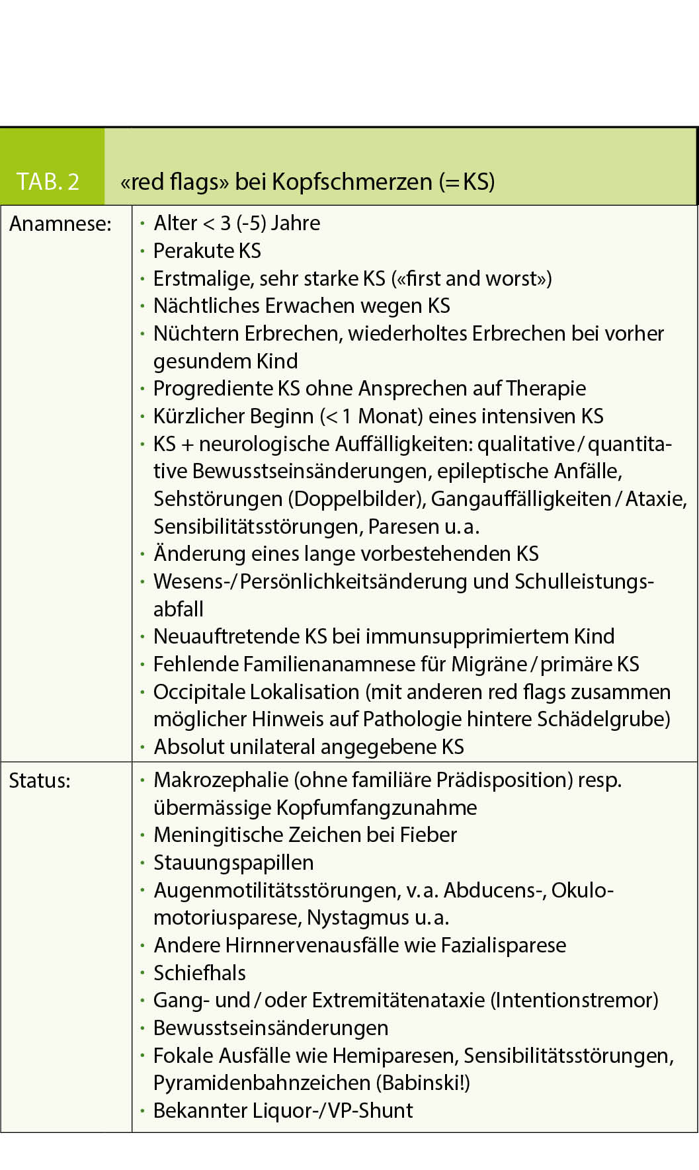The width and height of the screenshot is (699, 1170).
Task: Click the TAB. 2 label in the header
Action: point(48,181)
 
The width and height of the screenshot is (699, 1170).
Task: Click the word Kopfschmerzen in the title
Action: point(352,181)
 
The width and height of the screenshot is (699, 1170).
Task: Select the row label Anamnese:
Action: point(60,224)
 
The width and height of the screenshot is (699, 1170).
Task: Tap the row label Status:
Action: point(39,780)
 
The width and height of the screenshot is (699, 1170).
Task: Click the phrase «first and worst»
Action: point(472,278)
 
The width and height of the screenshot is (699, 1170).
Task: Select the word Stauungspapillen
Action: point(233,862)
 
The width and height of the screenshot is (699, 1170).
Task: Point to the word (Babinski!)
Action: point(423,1083)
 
